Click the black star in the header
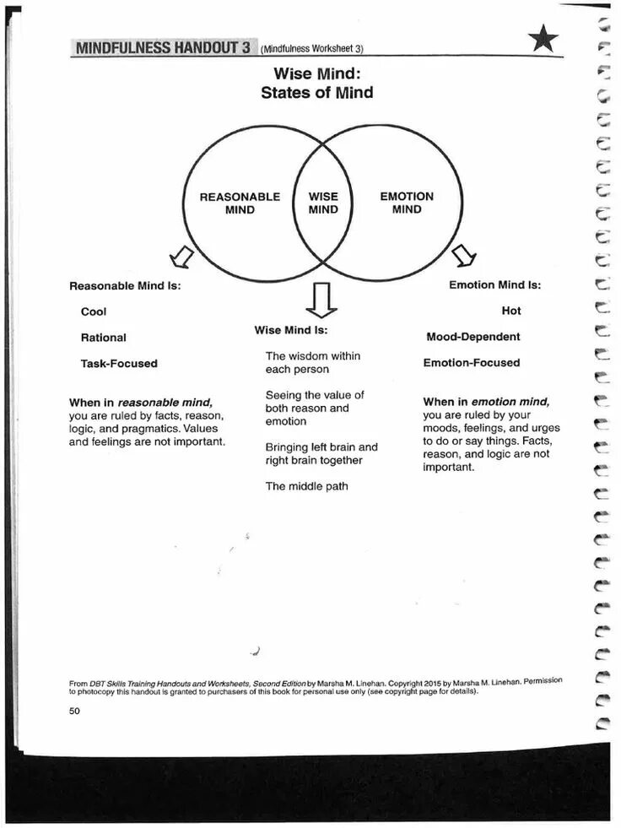(x=543, y=39)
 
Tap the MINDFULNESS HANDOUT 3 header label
(x=163, y=47)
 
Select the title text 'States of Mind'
(x=316, y=93)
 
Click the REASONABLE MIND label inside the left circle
(x=240, y=203)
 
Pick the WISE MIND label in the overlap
(x=323, y=203)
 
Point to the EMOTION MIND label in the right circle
(x=407, y=203)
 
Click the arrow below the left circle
(x=181, y=255)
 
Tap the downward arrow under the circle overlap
(x=321, y=300)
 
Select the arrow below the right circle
(x=465, y=253)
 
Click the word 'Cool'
(x=94, y=311)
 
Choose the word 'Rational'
(x=103, y=338)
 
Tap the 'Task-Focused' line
(x=119, y=364)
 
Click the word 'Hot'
(x=511, y=311)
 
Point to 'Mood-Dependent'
(x=473, y=337)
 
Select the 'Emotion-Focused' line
(x=472, y=363)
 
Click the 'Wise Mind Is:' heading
(x=291, y=330)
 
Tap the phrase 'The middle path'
(x=306, y=486)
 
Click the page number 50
(x=74, y=711)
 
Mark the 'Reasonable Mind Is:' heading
(x=125, y=285)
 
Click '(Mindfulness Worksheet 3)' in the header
(x=313, y=49)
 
